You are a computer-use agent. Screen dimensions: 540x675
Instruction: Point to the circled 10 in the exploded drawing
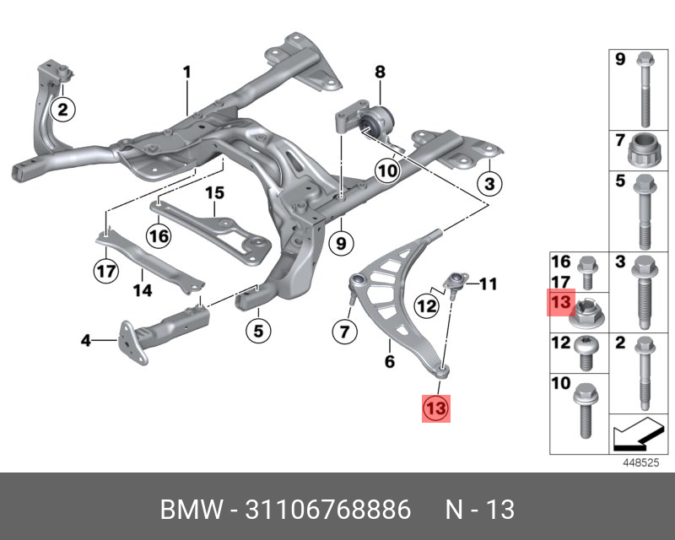pyautogui.click(x=386, y=171)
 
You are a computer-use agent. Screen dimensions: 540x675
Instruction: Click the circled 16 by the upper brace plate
pyautogui.click(x=159, y=235)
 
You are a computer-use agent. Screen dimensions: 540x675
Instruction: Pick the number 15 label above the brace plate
pyautogui.click(x=214, y=193)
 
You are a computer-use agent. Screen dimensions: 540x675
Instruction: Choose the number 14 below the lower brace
pyautogui.click(x=142, y=291)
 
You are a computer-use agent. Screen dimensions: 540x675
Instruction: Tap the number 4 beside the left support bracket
pyautogui.click(x=85, y=341)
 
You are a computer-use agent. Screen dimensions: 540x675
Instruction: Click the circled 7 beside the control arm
pyautogui.click(x=343, y=332)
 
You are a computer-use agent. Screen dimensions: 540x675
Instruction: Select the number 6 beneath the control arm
pyautogui.click(x=389, y=363)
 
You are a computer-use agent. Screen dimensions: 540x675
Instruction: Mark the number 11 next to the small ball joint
pyautogui.click(x=489, y=284)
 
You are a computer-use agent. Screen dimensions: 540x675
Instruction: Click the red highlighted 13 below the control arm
pyautogui.click(x=434, y=408)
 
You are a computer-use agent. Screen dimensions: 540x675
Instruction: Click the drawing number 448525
pyautogui.click(x=639, y=462)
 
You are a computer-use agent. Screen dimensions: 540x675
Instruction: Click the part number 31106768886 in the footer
pyautogui.click(x=329, y=510)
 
